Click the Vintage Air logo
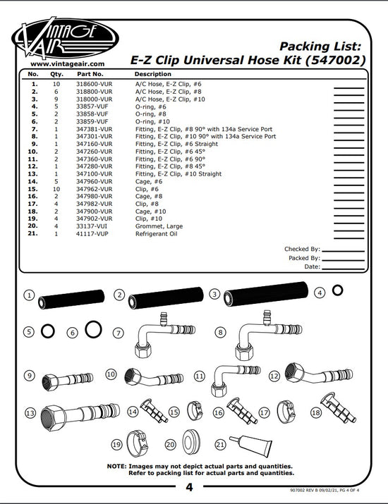66,38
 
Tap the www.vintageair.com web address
67,64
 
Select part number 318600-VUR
95,84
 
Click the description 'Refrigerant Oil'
156,234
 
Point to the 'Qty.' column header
56,74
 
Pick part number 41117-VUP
92,234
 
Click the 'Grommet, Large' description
159,226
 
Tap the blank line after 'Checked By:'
343,251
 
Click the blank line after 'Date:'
343,269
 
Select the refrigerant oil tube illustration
251,445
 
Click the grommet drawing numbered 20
191,443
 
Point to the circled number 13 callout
30,412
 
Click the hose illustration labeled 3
266,293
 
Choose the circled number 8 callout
220,332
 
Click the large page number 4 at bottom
189,488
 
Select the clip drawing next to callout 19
137,443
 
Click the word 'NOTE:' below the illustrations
117,466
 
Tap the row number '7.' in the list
34,129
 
